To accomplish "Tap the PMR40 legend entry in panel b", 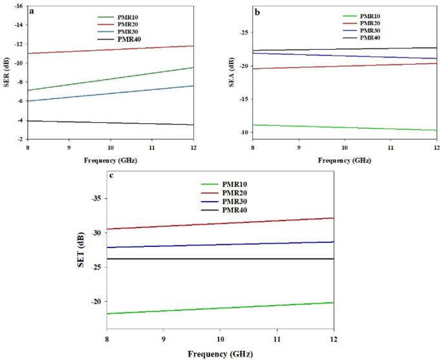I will point(370,38).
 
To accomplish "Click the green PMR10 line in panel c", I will point(220,308).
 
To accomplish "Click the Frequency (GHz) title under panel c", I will point(220,354).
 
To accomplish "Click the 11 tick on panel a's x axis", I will point(152,148).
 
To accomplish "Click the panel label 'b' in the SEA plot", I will point(257,12).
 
